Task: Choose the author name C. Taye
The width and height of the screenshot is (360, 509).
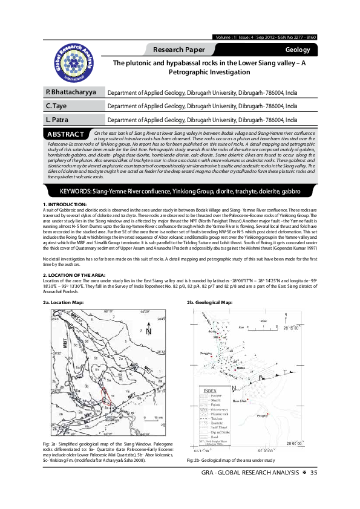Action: click(56, 106)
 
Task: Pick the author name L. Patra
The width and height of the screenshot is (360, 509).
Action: click(56, 120)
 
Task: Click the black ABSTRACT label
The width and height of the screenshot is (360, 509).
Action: click(65, 134)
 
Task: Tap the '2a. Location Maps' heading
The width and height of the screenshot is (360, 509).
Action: click(64, 301)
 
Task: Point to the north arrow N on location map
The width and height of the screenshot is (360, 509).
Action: click(149, 330)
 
